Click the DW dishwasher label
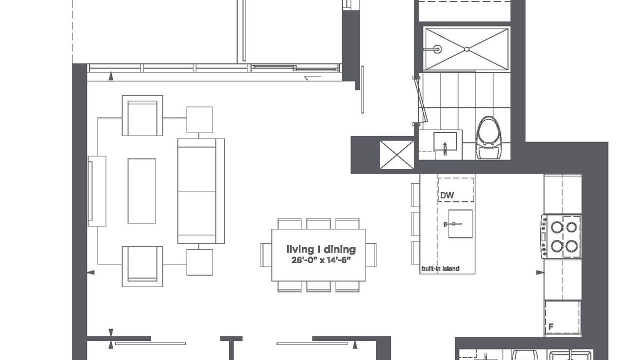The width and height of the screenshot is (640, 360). (x=447, y=195)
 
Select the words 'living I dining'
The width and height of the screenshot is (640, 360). (x=321, y=249)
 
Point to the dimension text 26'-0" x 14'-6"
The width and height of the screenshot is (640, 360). (x=321, y=260)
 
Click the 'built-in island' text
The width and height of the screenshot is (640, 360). (x=440, y=268)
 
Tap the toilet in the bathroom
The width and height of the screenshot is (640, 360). (x=489, y=137)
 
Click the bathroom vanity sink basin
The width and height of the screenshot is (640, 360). (x=445, y=141)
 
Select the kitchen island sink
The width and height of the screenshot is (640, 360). (x=460, y=223)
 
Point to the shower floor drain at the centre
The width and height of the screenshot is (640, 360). (x=467, y=49)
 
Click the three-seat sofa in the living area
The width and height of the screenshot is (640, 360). (x=201, y=191)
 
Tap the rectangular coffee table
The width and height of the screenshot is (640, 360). (x=141, y=191)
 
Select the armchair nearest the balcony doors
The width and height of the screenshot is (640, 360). (x=142, y=115)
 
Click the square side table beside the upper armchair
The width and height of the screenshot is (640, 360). (x=199, y=119)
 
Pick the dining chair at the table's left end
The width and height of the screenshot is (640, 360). (x=266, y=255)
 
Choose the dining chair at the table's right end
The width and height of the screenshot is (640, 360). (x=371, y=255)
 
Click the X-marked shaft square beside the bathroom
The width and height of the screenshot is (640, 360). (x=397, y=154)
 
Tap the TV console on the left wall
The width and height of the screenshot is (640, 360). (x=97, y=191)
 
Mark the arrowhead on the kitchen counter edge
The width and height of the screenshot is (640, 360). (x=540, y=272)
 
